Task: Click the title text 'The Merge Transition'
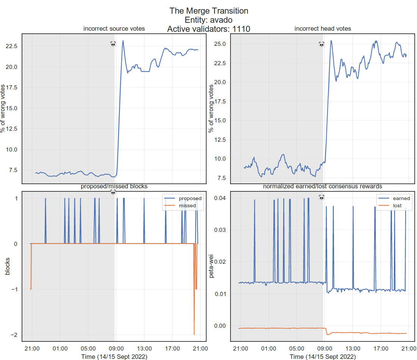(x=208, y=11)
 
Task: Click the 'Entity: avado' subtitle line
(x=208, y=20)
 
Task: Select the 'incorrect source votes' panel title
(x=114, y=29)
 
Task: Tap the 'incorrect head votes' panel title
(x=323, y=29)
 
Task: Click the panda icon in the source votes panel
(x=113, y=44)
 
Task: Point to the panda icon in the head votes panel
(x=321, y=44)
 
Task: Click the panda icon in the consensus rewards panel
(x=321, y=197)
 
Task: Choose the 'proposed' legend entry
(x=190, y=198)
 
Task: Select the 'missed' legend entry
(x=187, y=205)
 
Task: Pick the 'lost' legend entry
(x=397, y=205)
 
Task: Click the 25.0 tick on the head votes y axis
(x=219, y=44)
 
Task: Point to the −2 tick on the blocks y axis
(x=14, y=335)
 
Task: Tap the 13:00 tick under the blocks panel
(x=144, y=348)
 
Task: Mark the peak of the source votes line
(x=123, y=41)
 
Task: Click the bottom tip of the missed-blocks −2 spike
(x=194, y=335)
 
